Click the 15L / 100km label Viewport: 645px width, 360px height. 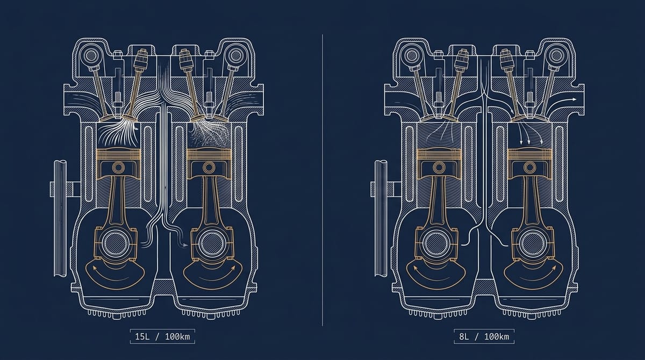click(162, 336)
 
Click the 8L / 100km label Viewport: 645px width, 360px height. click(484, 336)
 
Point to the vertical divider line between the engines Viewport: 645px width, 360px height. click(322, 180)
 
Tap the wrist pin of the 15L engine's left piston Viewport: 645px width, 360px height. click(118, 167)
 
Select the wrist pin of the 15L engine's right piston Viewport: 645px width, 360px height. click(209, 167)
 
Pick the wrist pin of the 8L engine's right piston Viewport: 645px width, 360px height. click(529, 168)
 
